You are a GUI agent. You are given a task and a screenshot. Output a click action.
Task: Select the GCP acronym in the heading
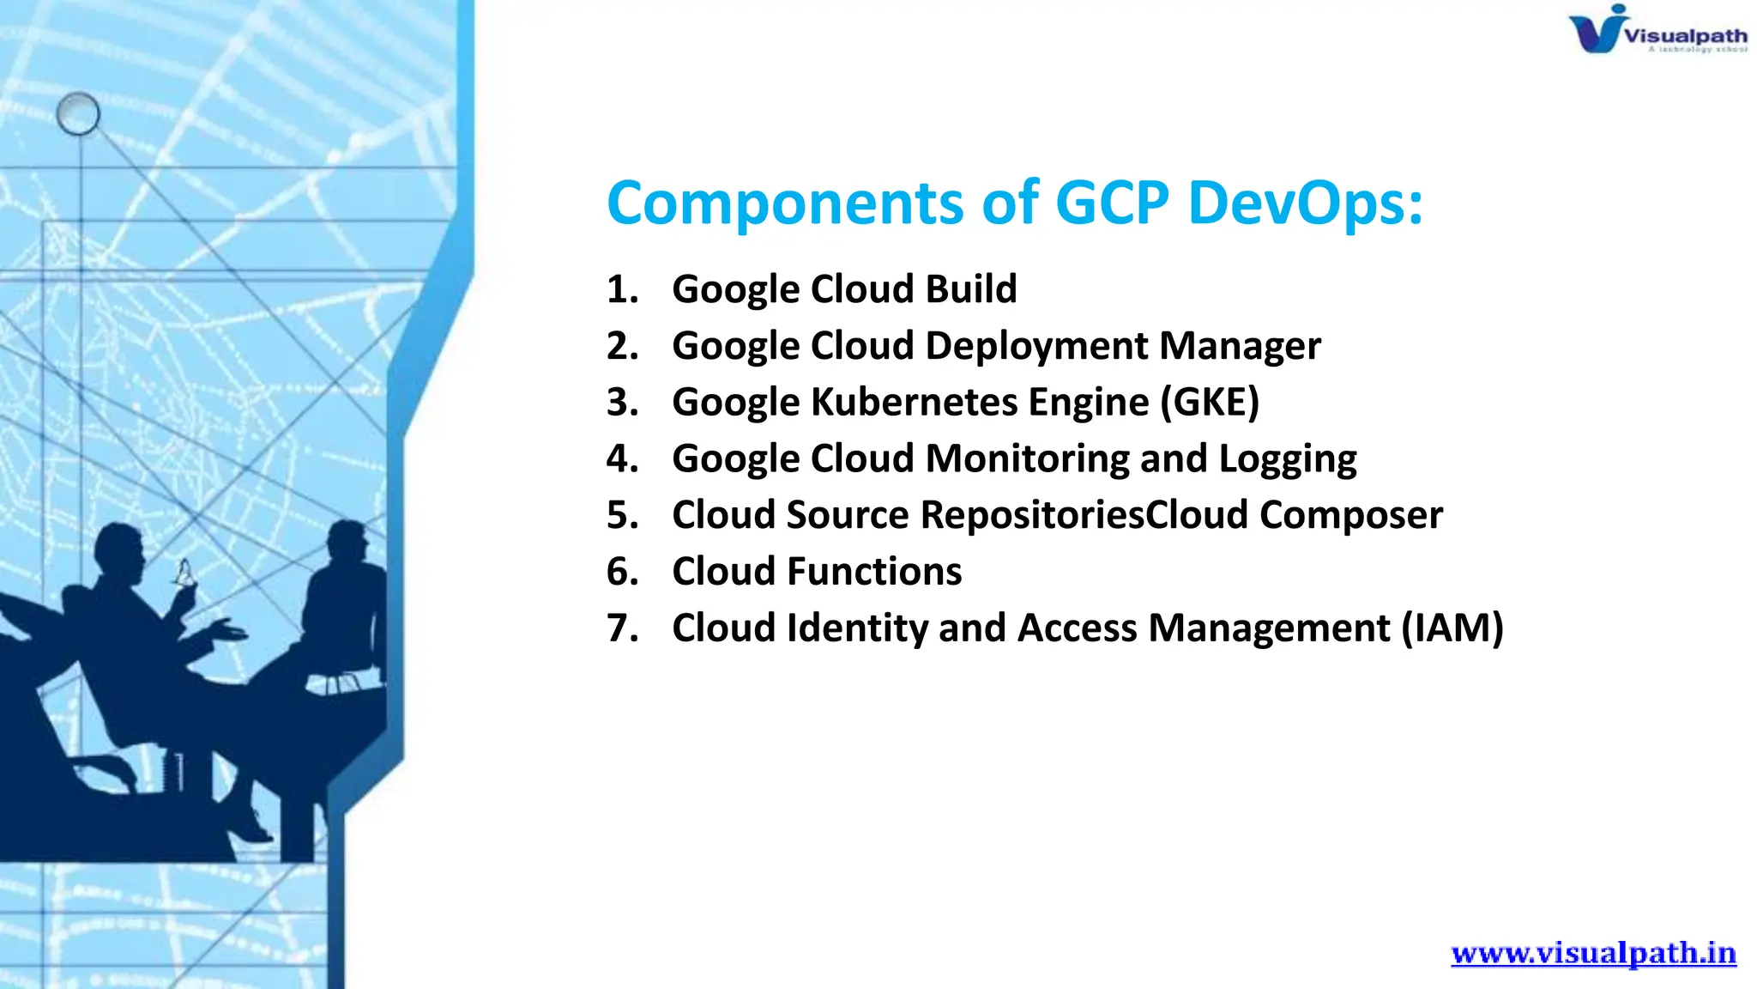[x=1112, y=203]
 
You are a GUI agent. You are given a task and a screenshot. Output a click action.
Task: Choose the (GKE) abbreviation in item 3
[x=1210, y=403]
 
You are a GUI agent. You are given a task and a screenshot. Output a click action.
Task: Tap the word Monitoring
[x=1028, y=459]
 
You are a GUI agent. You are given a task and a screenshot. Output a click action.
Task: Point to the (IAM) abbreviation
[x=1452, y=628]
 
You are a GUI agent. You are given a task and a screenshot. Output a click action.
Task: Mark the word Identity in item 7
[x=857, y=628]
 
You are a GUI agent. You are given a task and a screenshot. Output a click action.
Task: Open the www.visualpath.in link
[x=1593, y=953]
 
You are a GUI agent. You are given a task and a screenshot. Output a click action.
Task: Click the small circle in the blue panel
[x=78, y=114]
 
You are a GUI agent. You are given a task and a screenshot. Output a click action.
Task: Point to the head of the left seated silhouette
[x=119, y=549]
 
